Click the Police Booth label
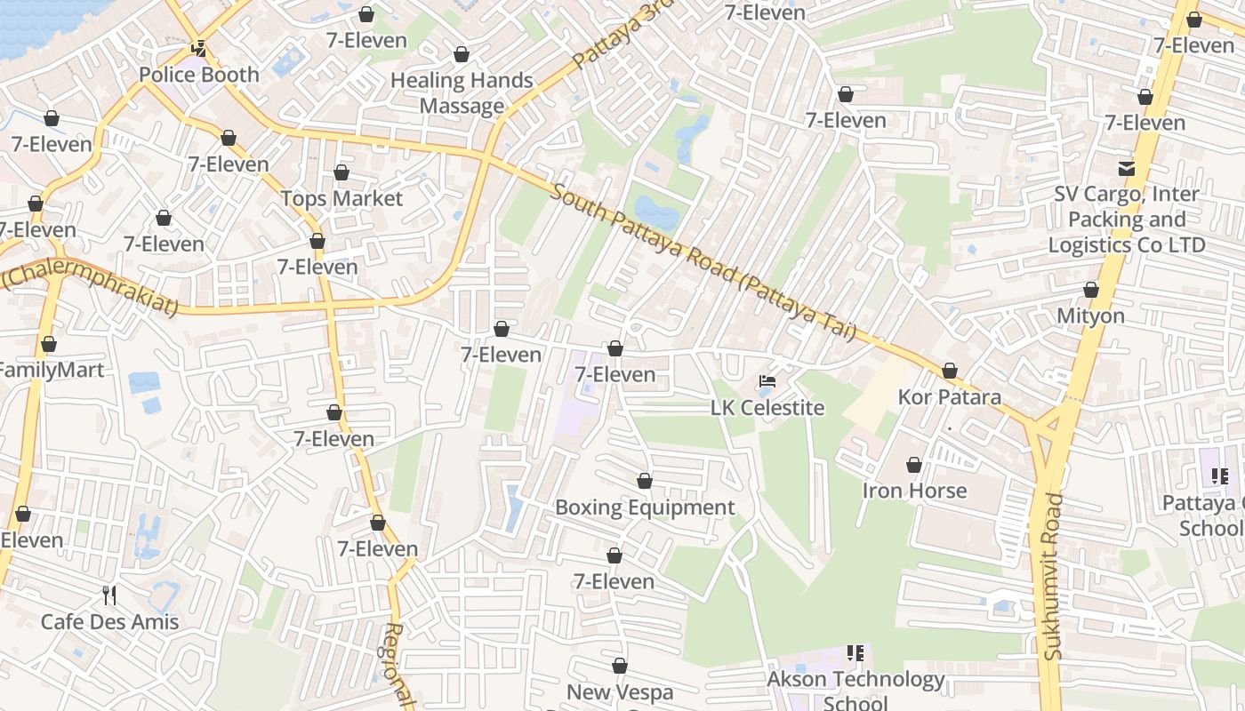199,75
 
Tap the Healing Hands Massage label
462,93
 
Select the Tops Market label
341,198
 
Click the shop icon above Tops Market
341,172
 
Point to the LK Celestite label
767,408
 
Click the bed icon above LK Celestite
767,382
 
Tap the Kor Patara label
950,396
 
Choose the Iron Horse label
914,490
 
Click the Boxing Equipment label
645,507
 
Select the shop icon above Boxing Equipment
645,482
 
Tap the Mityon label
1090,316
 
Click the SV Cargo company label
1127,220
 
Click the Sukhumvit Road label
1054,576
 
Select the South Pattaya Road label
703,262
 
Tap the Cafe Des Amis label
109,621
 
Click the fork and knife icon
109,595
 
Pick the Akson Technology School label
856,690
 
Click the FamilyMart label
51,370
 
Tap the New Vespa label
620,691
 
